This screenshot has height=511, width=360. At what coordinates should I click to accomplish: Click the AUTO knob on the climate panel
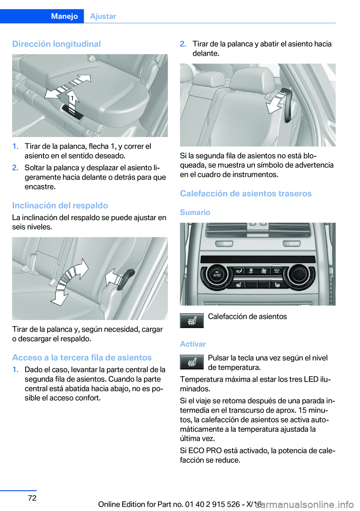(216, 275)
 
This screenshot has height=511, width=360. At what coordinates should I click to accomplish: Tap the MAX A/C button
(276, 271)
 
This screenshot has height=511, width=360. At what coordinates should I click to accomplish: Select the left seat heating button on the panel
(239, 285)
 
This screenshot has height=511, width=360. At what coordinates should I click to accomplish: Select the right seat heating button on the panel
(277, 285)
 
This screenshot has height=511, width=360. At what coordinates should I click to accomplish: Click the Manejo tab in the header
(64, 16)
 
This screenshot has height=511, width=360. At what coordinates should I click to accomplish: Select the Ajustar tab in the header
(103, 16)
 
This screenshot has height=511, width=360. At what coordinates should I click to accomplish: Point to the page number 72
(32, 498)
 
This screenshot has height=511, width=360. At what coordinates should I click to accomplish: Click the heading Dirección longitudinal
(57, 44)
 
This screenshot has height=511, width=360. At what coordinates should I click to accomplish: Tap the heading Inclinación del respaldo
(60, 205)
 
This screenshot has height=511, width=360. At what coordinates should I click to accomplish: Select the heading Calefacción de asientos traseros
(246, 194)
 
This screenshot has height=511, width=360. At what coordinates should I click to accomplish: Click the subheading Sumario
(195, 212)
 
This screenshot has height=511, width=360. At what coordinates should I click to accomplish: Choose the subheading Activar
(193, 344)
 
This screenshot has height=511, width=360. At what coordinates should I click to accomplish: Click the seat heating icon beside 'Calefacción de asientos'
(192, 320)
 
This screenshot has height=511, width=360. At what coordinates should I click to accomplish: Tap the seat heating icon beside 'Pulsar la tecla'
(192, 362)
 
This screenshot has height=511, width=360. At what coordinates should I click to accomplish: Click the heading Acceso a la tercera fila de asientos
(82, 358)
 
